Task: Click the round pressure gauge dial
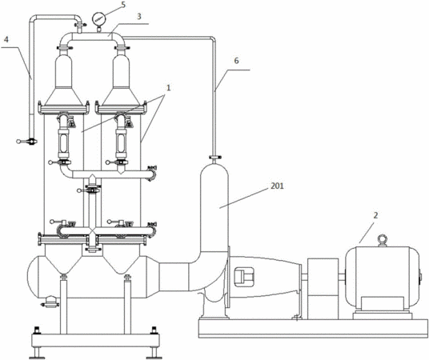[98, 19]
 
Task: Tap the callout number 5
[123, 4]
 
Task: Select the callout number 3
[139, 17]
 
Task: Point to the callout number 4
[6, 39]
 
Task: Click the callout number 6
[236, 61]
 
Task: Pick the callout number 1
[169, 88]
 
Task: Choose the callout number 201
[277, 186]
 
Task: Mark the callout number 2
[375, 215]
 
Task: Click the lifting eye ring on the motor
[382, 240]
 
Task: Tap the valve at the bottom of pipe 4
[27, 142]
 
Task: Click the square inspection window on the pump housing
[244, 277]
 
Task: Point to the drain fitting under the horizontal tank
[50, 302]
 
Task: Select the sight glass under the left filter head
[63, 142]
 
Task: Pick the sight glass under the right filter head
[121, 142]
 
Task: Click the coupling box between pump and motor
[323, 289]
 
